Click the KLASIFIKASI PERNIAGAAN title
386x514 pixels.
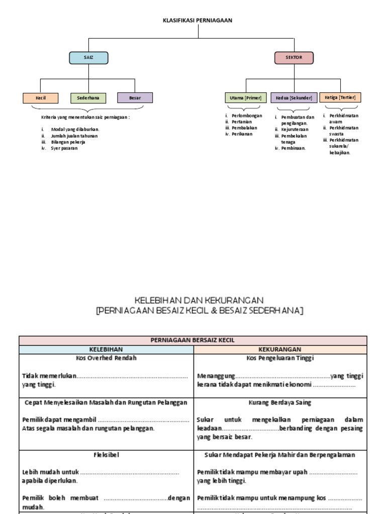click(198, 21)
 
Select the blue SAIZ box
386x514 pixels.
click(88, 58)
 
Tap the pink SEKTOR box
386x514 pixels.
click(294, 58)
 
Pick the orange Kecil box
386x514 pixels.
click(41, 98)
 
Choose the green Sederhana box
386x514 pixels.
click(88, 98)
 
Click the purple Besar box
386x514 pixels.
click(135, 98)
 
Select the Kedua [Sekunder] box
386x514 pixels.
click(294, 98)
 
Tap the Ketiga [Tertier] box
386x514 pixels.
click(340, 97)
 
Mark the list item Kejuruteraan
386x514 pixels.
click(295, 130)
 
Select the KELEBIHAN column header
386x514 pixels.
click(106, 349)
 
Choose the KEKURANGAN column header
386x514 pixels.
click(280, 349)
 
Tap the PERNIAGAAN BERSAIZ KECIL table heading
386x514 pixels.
click(193, 340)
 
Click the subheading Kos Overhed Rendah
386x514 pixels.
click(106, 358)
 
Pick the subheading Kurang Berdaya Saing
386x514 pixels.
click(280, 403)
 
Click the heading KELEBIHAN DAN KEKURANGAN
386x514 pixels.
click(200, 300)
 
